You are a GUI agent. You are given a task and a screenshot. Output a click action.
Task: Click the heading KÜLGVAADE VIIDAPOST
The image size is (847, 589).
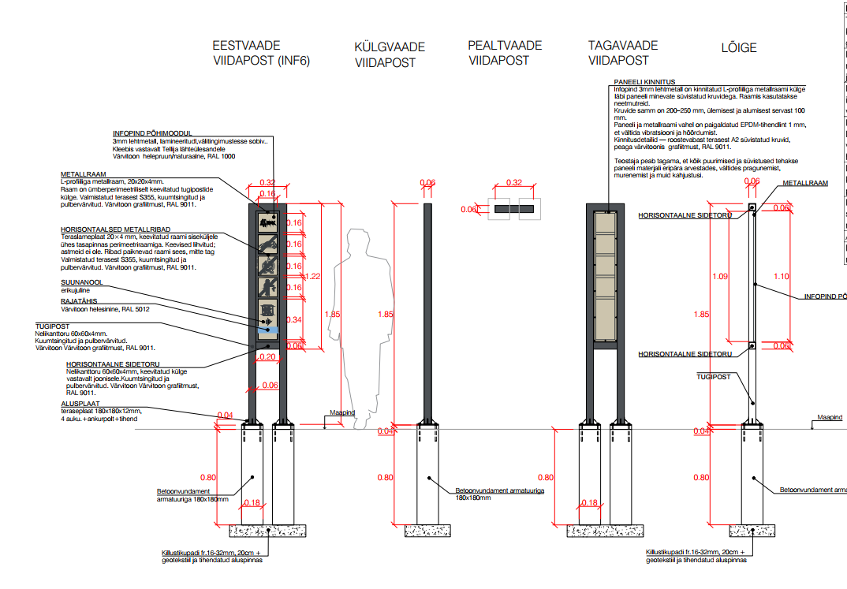point(390,54)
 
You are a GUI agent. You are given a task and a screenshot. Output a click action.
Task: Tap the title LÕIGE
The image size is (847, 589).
point(738,47)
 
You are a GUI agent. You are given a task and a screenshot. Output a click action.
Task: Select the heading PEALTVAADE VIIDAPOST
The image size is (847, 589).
point(505,52)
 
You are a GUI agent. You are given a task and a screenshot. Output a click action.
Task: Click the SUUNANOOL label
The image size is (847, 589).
point(82,281)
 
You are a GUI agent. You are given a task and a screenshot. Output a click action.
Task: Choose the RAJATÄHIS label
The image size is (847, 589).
point(80,301)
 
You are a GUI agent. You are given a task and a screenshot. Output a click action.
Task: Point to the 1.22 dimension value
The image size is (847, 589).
point(314,276)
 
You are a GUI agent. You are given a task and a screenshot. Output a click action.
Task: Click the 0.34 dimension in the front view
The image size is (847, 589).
point(294,320)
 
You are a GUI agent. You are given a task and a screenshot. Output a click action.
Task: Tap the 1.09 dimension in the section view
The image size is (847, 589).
point(719,277)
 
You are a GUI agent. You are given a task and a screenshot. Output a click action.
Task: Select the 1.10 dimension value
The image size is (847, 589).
point(781,276)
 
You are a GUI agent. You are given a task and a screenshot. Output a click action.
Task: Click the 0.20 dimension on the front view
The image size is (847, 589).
point(267,356)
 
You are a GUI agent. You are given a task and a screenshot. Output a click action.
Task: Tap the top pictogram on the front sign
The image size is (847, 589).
point(268,224)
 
